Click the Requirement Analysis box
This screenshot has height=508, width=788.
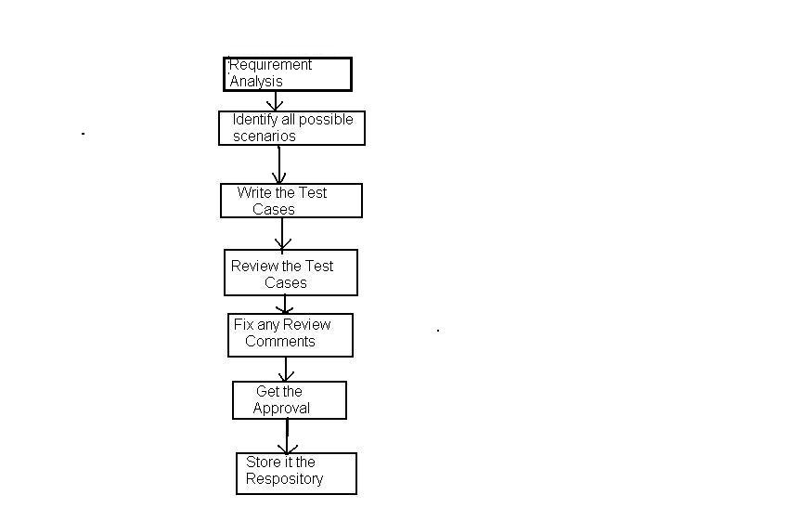(x=288, y=74)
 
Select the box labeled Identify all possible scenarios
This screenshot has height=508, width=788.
(x=291, y=128)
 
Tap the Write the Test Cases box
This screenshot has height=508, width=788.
(x=291, y=201)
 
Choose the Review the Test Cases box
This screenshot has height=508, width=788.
(x=291, y=272)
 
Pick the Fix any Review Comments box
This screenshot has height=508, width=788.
(x=291, y=335)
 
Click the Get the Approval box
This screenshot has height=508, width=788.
(x=289, y=400)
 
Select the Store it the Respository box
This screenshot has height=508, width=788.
(x=296, y=474)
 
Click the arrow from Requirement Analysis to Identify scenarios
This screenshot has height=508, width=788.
(x=275, y=101)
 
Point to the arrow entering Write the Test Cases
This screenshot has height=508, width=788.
(x=279, y=165)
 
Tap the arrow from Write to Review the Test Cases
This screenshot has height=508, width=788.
(x=282, y=234)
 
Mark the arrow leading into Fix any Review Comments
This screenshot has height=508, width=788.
(x=287, y=305)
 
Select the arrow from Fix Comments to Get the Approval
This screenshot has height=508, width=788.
(x=287, y=370)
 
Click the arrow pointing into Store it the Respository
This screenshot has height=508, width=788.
(x=288, y=436)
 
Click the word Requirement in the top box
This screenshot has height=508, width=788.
(x=271, y=65)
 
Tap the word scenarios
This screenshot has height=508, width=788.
(x=265, y=137)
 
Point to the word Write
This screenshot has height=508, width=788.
(x=253, y=193)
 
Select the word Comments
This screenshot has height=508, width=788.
(x=280, y=342)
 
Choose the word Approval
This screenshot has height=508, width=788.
(x=281, y=409)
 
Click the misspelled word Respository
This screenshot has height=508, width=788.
(x=284, y=479)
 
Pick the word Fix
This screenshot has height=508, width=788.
(x=243, y=325)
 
